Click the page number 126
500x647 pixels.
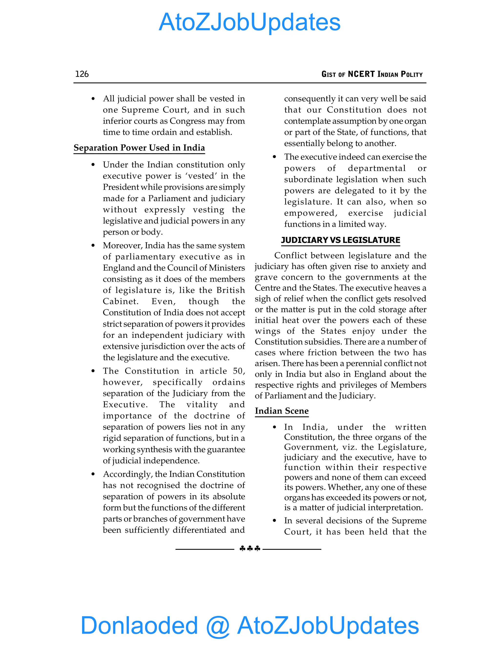pyautogui.click(x=82, y=74)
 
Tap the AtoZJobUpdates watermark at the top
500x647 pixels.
pyautogui.click(x=250, y=22)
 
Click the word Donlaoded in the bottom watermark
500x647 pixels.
pyautogui.click(x=139, y=625)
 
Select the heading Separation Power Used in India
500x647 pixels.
pyautogui.click(x=139, y=147)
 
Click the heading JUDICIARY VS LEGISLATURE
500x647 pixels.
pyautogui.click(x=340, y=240)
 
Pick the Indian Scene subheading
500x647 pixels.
pyautogui.click(x=282, y=411)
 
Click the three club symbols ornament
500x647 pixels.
pyautogui.click(x=250, y=549)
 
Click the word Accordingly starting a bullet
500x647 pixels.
pyautogui.click(x=127, y=474)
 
